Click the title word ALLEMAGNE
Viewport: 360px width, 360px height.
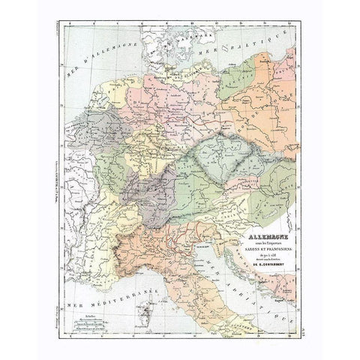pos(254,218)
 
